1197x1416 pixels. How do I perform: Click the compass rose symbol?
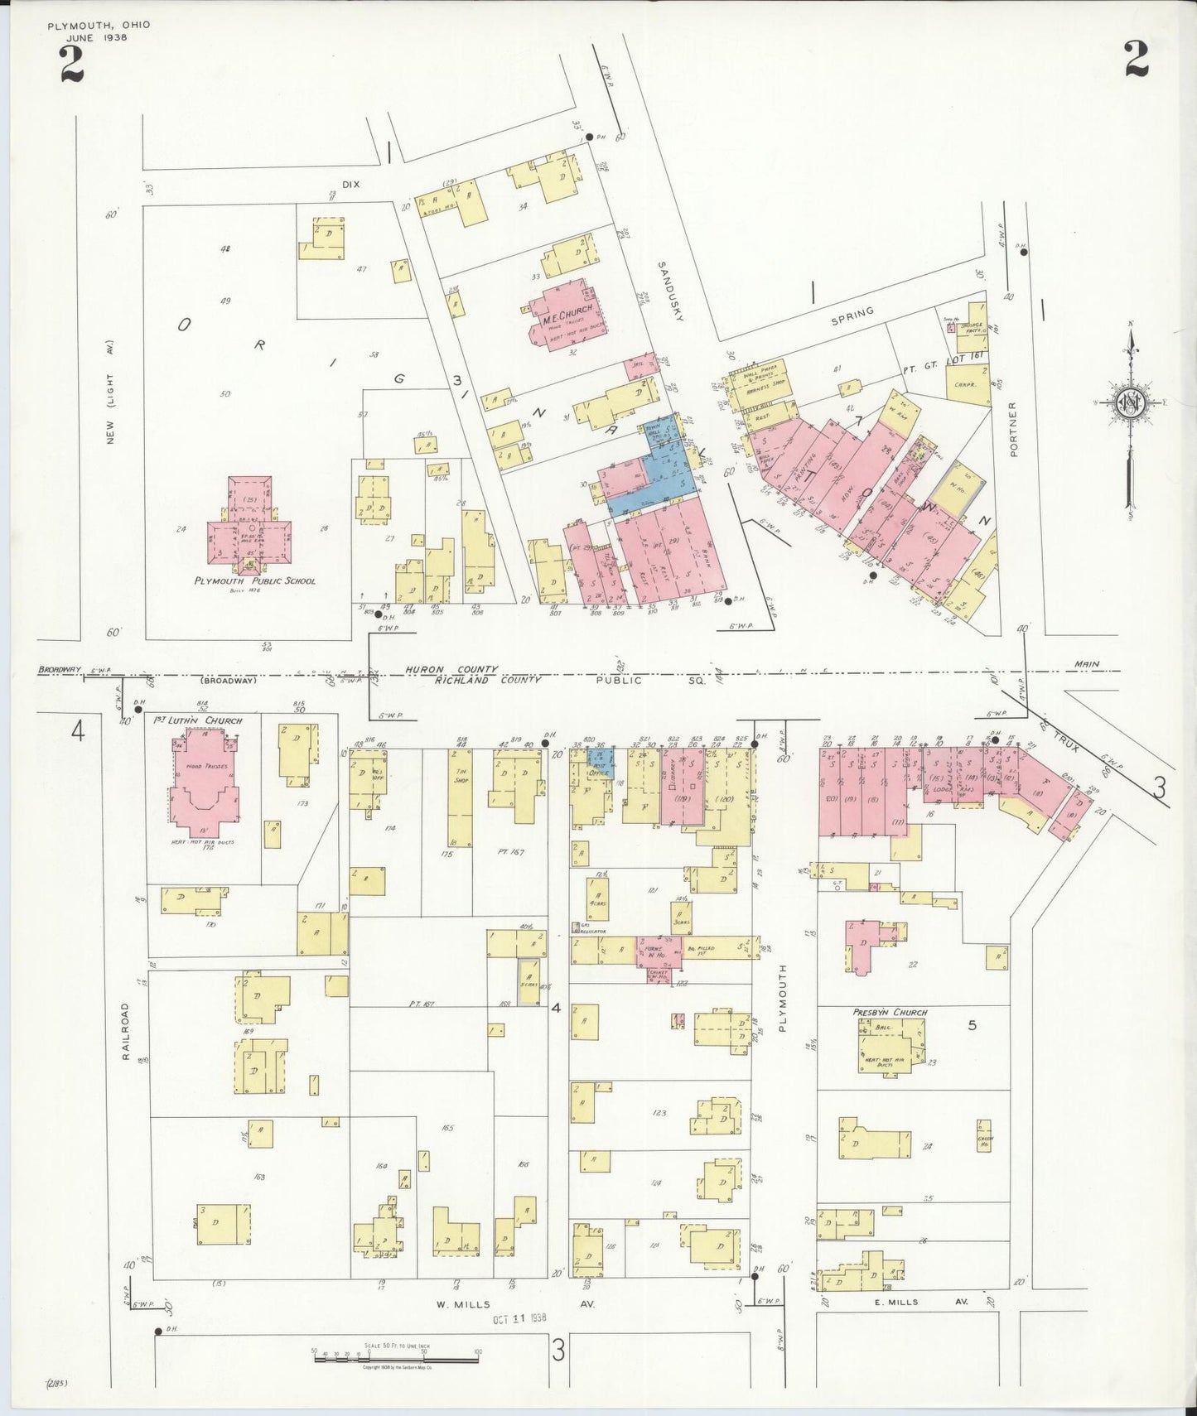coord(1131,403)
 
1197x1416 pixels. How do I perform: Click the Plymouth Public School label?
coord(254,580)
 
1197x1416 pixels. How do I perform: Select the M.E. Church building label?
coord(567,309)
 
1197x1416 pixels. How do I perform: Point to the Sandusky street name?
coord(668,291)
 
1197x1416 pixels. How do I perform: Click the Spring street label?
coord(852,313)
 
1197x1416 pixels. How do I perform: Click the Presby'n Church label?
coord(890,1012)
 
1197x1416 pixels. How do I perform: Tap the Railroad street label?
coord(126,1032)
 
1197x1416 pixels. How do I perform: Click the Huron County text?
coord(451,669)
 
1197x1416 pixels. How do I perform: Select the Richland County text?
coord(488,680)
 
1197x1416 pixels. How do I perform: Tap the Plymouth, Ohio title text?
coord(99,25)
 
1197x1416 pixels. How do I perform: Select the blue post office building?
coord(601,759)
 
